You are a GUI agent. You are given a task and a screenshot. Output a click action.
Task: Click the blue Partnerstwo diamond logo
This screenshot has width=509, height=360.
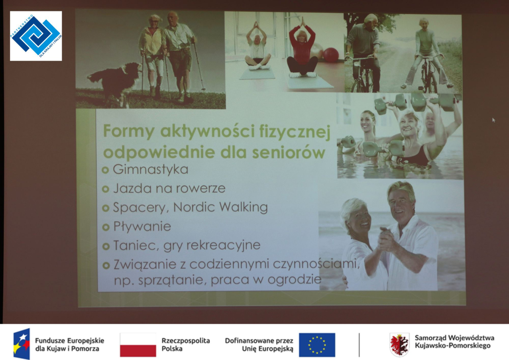tap(36, 36)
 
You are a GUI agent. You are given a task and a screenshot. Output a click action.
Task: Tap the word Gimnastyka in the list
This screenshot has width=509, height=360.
tap(151, 170)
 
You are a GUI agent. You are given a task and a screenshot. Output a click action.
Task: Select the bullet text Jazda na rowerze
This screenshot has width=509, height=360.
tap(169, 188)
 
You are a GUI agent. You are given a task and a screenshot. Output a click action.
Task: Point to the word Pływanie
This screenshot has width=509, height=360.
tap(142, 227)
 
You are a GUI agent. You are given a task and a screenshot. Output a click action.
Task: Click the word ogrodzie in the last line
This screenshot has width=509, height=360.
tap(294, 280)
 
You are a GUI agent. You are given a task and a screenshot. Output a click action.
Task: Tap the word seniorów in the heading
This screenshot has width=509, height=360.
tap(288, 152)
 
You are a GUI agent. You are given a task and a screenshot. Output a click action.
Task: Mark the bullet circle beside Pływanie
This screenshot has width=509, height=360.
tap(106, 227)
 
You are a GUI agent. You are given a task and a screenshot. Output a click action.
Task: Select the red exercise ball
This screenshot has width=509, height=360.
tap(330, 55)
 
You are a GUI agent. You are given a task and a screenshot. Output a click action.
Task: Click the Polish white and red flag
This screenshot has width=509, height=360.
tap(138, 345)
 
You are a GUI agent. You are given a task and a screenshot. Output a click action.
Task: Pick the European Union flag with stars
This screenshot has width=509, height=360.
tap(317, 345)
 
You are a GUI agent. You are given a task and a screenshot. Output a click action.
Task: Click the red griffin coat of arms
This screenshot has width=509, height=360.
tap(400, 344)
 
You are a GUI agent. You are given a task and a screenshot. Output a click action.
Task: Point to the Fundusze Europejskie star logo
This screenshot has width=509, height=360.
tap(22, 343)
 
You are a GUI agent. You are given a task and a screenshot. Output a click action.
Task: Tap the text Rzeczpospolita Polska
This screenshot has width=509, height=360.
tap(186, 345)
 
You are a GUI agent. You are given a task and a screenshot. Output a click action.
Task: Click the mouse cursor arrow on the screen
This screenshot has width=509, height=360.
tap(494, 120)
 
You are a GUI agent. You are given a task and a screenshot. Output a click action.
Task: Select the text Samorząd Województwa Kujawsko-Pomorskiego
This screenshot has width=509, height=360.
tap(454, 342)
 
